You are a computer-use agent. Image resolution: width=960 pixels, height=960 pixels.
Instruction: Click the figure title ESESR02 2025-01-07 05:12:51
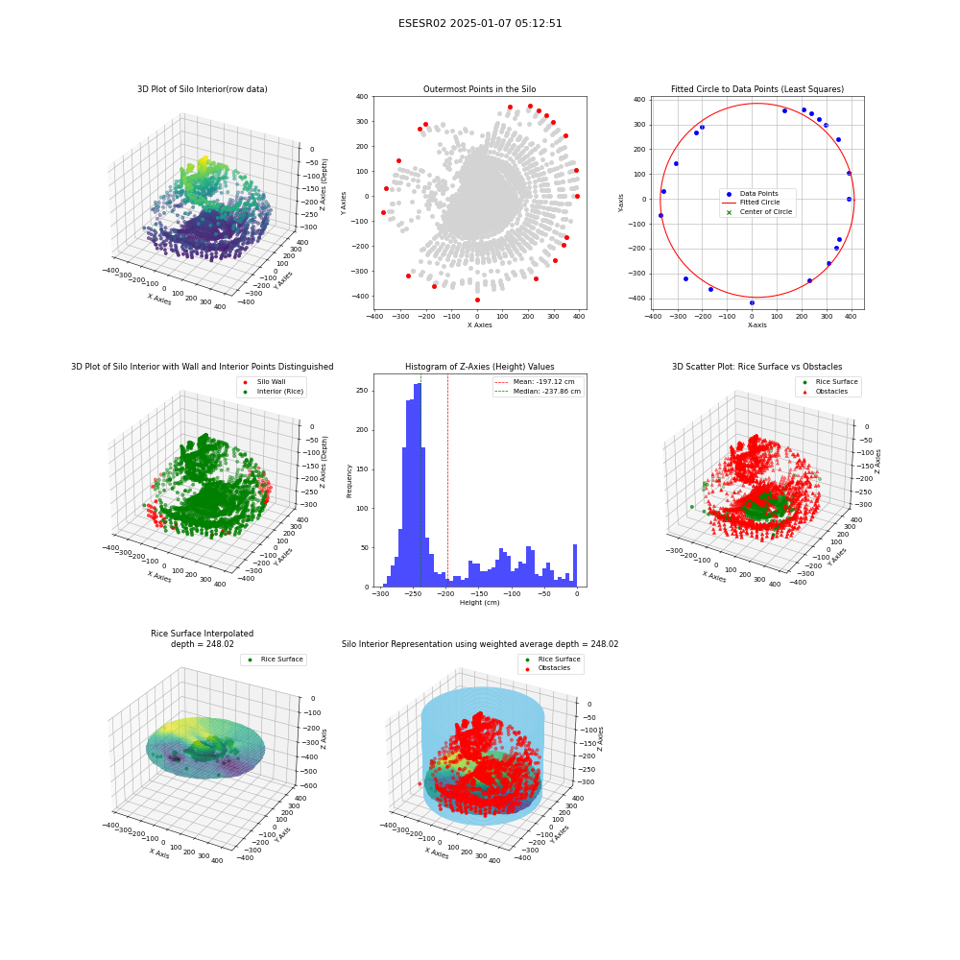480,23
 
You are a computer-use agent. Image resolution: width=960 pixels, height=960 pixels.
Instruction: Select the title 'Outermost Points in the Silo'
479,89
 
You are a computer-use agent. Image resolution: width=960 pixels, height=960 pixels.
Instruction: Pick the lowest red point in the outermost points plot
477,300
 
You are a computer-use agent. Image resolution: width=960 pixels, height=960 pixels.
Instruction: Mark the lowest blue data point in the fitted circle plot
752,302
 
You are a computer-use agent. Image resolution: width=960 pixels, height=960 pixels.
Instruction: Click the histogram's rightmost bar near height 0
575,565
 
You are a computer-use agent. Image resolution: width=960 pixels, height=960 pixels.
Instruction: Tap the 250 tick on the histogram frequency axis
363,391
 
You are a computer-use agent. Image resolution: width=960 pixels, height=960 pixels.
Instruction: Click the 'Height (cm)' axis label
479,603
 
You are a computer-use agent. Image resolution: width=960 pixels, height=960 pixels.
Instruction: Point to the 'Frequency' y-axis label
349,481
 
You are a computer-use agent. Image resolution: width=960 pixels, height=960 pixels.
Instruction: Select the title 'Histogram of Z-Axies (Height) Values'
479,367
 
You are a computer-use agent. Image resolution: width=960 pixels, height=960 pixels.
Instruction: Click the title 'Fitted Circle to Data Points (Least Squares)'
757,89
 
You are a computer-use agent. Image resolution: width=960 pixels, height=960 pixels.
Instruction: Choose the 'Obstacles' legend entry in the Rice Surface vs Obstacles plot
831,392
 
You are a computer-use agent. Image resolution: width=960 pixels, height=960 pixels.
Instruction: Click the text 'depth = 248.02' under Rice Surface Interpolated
202,644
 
